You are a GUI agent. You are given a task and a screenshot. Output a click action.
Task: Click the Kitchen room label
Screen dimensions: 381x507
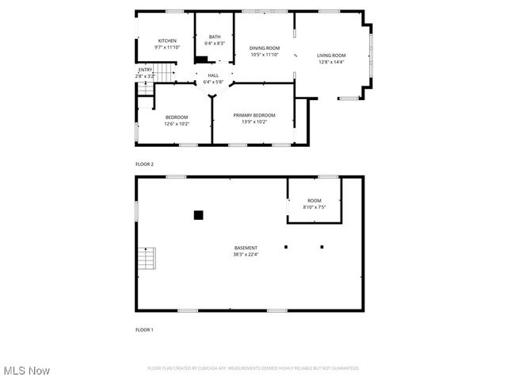167,40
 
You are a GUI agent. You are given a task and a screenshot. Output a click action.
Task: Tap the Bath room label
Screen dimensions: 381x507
215,36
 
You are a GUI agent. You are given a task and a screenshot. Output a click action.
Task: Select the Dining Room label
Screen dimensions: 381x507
265,48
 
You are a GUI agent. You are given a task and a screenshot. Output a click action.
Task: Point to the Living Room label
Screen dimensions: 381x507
332,55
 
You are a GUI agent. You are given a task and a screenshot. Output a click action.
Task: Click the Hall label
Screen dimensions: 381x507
213,75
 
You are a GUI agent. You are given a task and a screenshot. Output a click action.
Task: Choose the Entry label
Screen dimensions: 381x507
145,70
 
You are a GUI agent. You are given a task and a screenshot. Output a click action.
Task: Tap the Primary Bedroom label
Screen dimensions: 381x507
254,115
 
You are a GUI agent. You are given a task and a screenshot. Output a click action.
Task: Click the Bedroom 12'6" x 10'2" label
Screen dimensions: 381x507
177,117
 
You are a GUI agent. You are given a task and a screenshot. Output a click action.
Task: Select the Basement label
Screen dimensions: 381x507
246,248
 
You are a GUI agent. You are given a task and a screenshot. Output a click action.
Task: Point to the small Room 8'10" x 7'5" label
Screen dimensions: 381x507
314,200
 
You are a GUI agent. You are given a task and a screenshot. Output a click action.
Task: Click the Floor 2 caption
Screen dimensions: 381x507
144,164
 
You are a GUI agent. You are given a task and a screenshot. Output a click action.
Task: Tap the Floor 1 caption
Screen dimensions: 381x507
144,329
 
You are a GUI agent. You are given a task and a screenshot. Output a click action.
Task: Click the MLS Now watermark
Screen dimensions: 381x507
27,371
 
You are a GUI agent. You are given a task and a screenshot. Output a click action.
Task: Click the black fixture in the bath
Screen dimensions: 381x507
201,58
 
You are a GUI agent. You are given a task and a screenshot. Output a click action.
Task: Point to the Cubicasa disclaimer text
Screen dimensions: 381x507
253,368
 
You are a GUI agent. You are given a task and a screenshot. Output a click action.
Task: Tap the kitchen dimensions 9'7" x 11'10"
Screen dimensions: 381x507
167,48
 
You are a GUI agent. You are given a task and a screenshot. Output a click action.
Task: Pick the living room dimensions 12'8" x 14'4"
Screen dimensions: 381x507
332,62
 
